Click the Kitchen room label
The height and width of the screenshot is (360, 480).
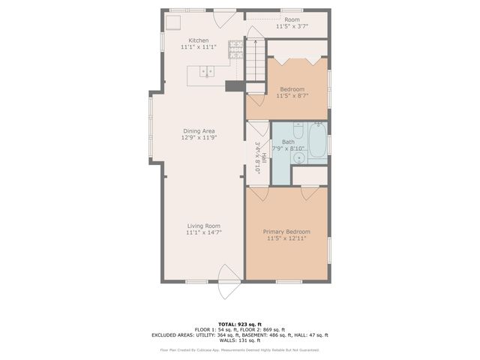pyautogui.click(x=199, y=40)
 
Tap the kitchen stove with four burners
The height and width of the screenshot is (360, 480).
pyautogui.click(x=235, y=49)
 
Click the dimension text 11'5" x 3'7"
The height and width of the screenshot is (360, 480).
pyautogui.click(x=292, y=26)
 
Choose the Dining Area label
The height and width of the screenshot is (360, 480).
pyautogui.click(x=199, y=130)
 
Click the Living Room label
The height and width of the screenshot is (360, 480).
pyautogui.click(x=204, y=226)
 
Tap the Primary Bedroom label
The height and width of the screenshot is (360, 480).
pyautogui.click(x=286, y=232)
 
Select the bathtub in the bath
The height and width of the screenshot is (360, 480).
pyautogui.click(x=318, y=142)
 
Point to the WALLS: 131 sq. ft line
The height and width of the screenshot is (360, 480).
pyautogui.click(x=240, y=340)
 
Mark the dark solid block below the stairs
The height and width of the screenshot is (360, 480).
pyautogui.click(x=235, y=86)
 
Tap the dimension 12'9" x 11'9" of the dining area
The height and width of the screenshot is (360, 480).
pyautogui.click(x=199, y=137)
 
